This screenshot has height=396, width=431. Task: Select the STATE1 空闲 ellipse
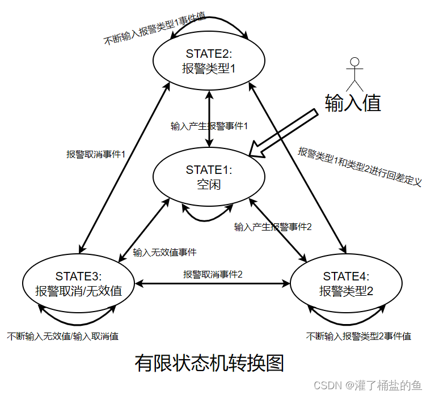tap(209, 177)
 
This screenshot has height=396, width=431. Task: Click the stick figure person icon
tap(354, 71)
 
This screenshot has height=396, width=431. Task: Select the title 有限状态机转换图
tap(209, 363)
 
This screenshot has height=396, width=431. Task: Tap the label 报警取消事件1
tap(95, 154)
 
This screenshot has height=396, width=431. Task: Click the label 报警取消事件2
tap(213, 274)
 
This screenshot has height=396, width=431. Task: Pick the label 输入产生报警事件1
tap(209, 126)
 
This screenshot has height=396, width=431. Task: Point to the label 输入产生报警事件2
tap(273, 227)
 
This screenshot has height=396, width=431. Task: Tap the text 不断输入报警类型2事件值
tap(358, 336)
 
